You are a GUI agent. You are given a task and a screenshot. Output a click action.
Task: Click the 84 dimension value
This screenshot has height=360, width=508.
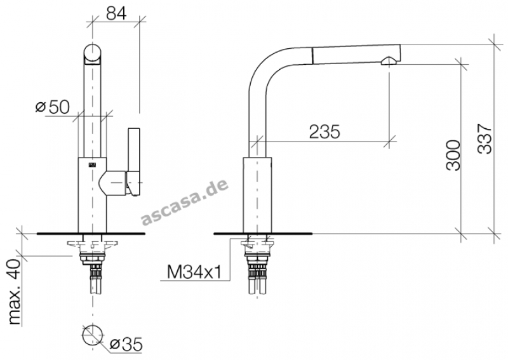coord(116,13)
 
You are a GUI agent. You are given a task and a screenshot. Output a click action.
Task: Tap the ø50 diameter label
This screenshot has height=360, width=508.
coord(53,107)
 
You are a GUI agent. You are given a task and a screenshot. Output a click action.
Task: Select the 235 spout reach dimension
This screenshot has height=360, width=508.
coord(324,131)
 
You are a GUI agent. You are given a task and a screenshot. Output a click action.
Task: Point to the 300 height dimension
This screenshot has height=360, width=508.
coord(453,155)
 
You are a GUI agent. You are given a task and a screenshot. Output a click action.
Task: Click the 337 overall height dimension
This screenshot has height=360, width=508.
coord(485,138)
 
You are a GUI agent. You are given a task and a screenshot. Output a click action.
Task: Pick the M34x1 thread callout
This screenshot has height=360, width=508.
coord(194,272)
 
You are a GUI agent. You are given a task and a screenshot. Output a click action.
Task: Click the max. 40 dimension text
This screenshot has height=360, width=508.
coord(14,292)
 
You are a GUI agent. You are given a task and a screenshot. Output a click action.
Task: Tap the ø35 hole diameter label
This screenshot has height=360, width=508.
coord(126,344)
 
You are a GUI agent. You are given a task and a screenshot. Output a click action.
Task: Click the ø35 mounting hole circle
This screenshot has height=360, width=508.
coord(93,335)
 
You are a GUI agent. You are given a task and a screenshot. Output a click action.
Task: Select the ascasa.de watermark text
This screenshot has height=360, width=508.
coord(185,201)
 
